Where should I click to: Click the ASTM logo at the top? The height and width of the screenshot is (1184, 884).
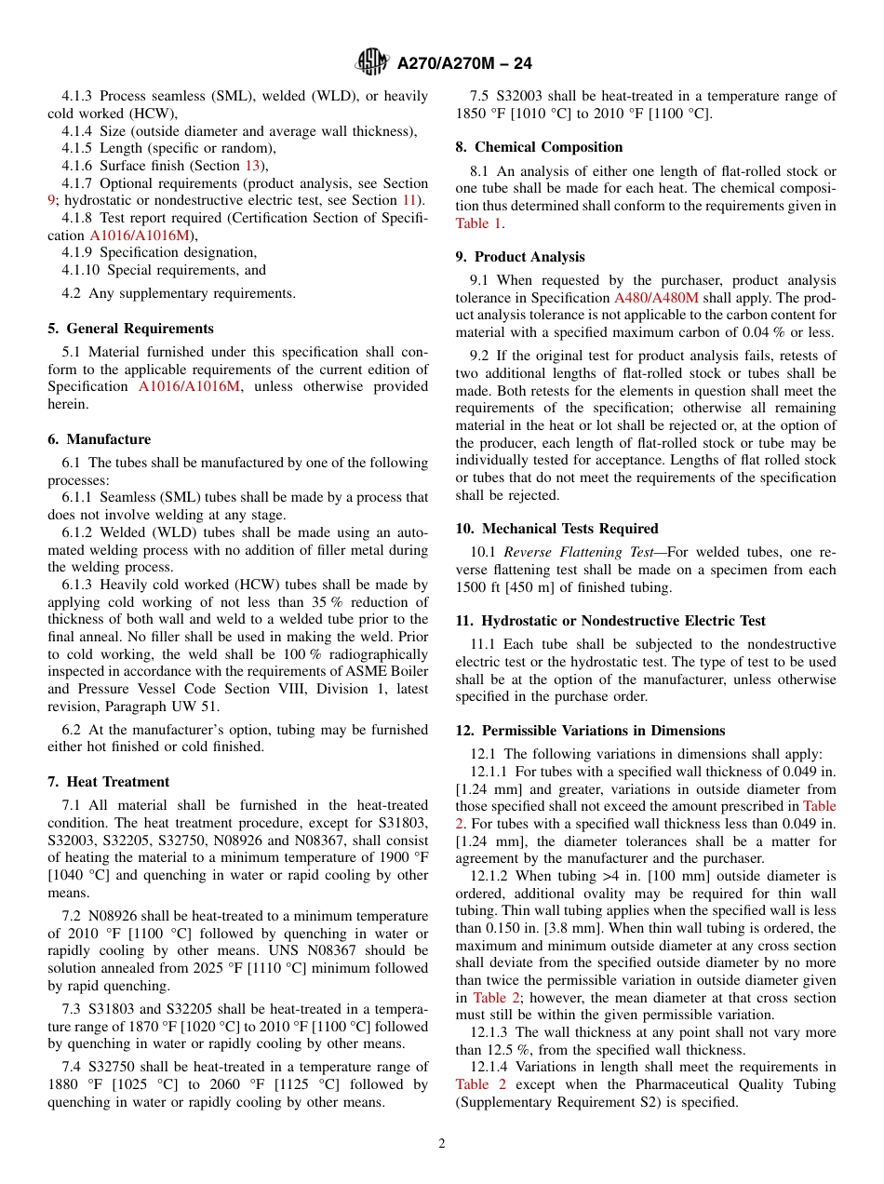(x=372, y=62)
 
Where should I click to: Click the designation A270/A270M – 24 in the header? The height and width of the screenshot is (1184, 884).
(x=464, y=63)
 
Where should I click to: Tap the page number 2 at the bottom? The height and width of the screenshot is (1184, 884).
(x=442, y=1143)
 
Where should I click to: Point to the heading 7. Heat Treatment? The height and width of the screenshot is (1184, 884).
(x=108, y=782)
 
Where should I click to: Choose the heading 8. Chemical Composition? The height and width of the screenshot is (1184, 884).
(x=539, y=147)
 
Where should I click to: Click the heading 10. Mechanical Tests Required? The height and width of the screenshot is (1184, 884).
(x=556, y=529)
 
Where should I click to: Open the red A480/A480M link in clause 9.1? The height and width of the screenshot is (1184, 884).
(x=656, y=298)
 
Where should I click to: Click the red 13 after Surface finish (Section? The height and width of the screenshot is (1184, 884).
(x=252, y=166)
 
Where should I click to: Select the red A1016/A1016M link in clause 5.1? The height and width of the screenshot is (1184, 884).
(x=189, y=386)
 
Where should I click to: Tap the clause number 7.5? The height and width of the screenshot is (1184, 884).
(x=481, y=96)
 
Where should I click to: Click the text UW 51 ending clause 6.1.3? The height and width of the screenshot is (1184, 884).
(x=236, y=706)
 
